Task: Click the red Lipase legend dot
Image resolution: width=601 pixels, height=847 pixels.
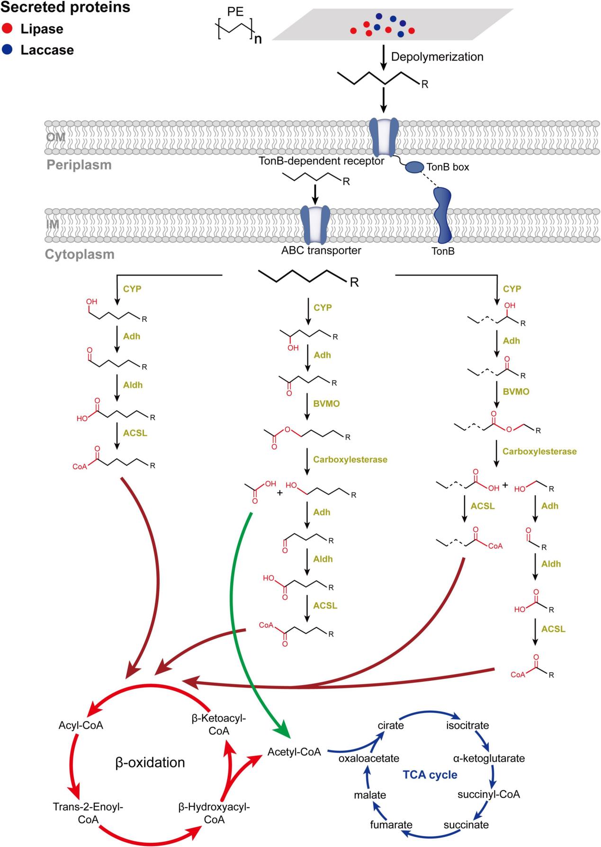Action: coord(7,29)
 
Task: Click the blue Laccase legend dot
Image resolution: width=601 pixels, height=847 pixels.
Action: coord(7,50)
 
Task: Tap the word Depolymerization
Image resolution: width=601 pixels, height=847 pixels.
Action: coord(437,57)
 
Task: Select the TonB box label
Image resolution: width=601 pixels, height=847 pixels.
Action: coord(448,167)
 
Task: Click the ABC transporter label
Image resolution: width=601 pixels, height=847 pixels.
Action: coord(321,250)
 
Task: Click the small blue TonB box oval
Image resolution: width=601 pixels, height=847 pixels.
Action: coord(413,167)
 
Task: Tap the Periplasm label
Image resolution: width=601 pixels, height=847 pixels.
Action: coord(79,165)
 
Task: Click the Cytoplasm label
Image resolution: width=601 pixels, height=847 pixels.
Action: coord(80,254)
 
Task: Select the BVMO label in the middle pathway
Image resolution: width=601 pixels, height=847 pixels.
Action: coord(326,404)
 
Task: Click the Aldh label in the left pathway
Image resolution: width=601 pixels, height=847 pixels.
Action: coord(133,385)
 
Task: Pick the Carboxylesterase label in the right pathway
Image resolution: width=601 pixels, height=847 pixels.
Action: coord(539,451)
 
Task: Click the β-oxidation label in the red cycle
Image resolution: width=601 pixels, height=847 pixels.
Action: coord(150,763)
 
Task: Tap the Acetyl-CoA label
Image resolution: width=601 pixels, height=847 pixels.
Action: coord(294,752)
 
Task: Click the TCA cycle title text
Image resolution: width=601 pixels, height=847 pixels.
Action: coord(430,775)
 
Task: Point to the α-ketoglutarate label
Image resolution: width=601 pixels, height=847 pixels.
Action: coord(489,758)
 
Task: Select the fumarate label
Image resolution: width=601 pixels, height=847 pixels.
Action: coord(391,825)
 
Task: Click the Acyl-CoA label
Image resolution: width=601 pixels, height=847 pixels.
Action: coord(81,725)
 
